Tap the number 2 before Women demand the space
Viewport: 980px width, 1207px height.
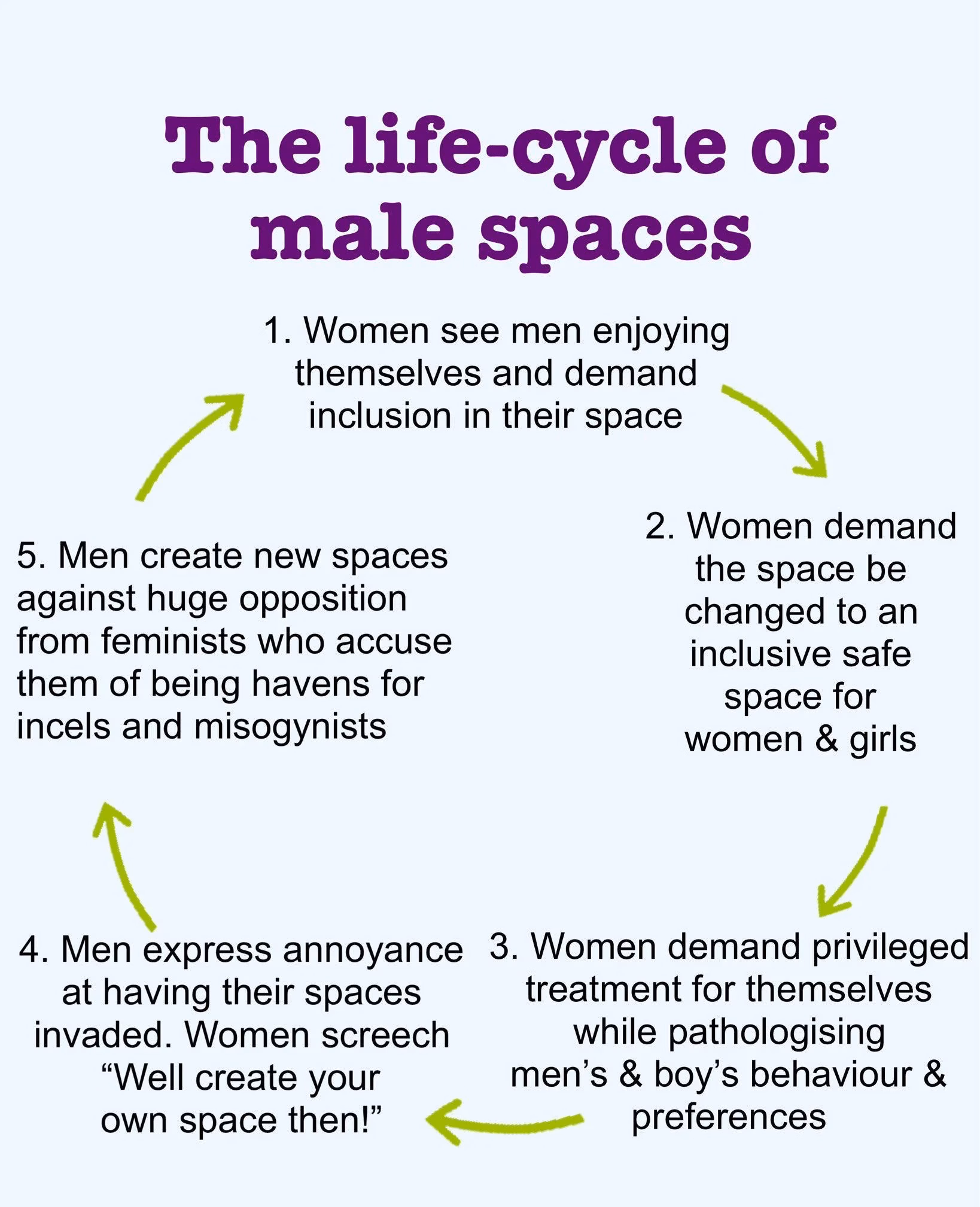[x=657, y=526]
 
